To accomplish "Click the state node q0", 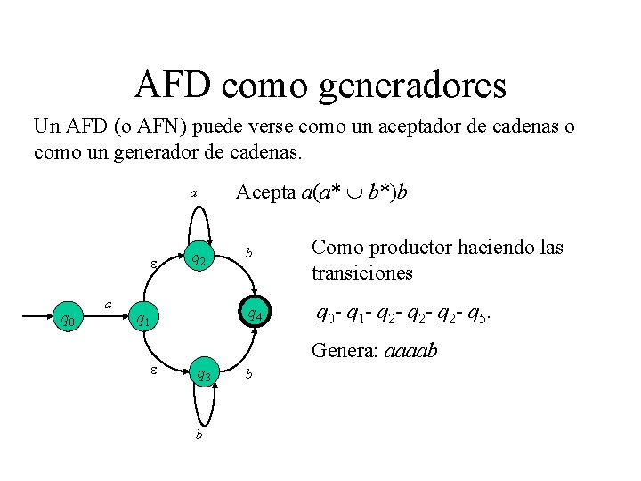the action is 68,319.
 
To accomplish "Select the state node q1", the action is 142,319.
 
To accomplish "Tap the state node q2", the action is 200,260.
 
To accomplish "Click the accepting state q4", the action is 254,314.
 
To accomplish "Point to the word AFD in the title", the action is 173,85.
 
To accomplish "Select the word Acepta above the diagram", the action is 264,192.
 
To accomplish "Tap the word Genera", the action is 345,351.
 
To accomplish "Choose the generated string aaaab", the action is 410,352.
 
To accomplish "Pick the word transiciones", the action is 362,273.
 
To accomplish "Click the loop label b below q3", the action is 199,435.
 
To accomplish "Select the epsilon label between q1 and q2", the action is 153,265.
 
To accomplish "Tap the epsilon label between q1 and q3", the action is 152,369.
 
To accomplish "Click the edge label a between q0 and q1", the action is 108,304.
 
